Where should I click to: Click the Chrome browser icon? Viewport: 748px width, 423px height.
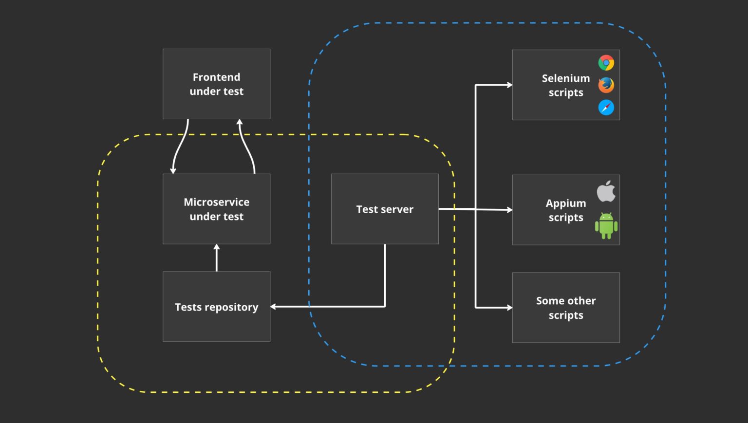(606, 63)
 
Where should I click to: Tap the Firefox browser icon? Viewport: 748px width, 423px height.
(606, 85)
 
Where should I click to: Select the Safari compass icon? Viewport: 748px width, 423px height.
(606, 108)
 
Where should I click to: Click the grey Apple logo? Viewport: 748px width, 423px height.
(606, 191)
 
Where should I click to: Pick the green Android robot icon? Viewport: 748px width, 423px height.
(606, 226)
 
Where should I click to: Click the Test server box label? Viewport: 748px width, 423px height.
(385, 209)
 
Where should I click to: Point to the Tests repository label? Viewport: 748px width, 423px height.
(216, 307)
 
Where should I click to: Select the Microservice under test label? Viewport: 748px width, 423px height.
(216, 209)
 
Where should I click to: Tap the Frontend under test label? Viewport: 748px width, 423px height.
(216, 84)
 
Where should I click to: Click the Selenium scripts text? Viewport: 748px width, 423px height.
(565, 85)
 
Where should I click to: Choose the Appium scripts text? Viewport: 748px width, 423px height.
(565, 210)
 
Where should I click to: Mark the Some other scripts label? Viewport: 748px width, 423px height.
(565, 308)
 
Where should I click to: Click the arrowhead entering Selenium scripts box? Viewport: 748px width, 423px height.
(509, 85)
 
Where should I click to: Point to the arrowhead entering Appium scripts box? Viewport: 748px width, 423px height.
(509, 210)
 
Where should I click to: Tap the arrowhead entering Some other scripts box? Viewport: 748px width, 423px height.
(509, 308)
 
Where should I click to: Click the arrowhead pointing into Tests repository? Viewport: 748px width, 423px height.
(273, 307)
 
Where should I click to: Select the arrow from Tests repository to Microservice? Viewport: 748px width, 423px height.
(217, 258)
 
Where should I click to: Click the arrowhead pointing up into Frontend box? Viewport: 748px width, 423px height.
(239, 122)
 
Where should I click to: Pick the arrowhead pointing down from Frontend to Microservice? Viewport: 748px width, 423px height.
(173, 170)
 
